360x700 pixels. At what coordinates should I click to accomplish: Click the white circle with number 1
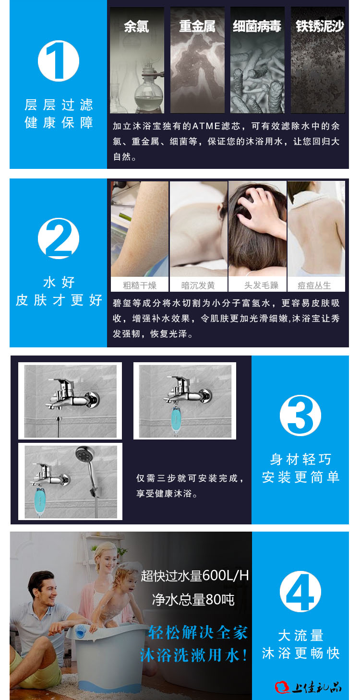click(59, 60)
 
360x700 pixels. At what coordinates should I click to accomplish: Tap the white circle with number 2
click(59, 238)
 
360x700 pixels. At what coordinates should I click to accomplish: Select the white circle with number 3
click(300, 415)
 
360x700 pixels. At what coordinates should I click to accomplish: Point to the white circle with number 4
click(300, 592)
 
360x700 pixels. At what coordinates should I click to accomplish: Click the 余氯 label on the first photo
click(136, 26)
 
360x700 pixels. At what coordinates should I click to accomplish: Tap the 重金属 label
click(197, 26)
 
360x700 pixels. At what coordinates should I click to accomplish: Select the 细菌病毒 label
click(257, 26)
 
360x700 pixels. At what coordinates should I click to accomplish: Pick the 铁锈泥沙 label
click(320, 26)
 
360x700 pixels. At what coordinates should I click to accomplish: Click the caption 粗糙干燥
click(140, 285)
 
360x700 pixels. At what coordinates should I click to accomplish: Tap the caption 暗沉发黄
click(198, 285)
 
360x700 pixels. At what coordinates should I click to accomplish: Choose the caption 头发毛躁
click(261, 285)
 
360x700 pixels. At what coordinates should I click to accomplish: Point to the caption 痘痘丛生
click(314, 285)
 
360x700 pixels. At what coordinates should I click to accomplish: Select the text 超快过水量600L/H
click(194, 575)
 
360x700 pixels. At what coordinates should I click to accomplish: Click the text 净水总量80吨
click(193, 599)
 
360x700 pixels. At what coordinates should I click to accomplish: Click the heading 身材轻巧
click(300, 459)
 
